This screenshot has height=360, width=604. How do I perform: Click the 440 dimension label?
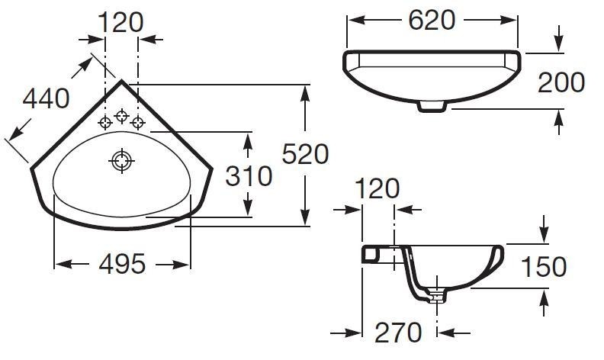click(47, 98)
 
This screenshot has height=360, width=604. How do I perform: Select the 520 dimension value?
click(305, 154)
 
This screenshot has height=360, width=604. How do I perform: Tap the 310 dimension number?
click(249, 176)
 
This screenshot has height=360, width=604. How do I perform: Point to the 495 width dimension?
click(122, 265)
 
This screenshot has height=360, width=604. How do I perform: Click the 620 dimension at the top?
click(432, 20)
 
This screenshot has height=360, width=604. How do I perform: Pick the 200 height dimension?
click(561, 82)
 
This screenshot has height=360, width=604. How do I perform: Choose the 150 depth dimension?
click(544, 266)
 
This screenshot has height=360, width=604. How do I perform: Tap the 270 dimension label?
click(398, 333)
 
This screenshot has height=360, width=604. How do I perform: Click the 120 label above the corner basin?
click(120, 22)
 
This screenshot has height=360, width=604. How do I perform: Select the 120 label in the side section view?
click(377, 189)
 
